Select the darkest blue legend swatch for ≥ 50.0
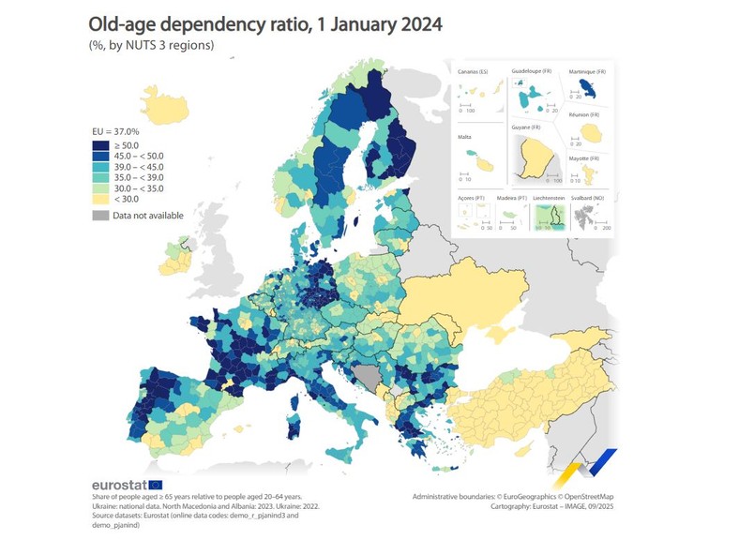tap(99, 145)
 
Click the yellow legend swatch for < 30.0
tap(99, 200)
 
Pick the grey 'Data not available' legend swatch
tap(99, 216)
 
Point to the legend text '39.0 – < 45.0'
tap(138, 167)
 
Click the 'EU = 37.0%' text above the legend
tap(115, 131)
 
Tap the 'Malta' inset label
tap(463, 136)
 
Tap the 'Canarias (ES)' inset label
tap(473, 71)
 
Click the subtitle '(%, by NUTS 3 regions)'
tap(152, 44)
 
